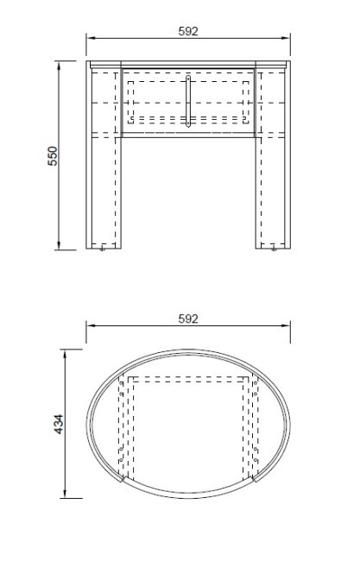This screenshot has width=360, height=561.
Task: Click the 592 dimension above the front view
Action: click(188, 31)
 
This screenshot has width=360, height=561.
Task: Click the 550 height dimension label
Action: click(53, 156)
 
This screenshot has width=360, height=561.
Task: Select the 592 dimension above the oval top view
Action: click(188, 318)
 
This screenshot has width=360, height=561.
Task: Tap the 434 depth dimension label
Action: click(59, 425)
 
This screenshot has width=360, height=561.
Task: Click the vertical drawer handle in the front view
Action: click(188, 101)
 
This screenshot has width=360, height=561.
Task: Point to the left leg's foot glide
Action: click(103, 249)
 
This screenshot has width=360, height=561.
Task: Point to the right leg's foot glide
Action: click(274, 249)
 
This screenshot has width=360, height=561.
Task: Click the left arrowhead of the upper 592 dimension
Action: click(91, 38)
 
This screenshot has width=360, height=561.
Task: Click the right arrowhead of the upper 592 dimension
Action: click(286, 38)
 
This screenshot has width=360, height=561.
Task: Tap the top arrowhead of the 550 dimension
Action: click(59, 66)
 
